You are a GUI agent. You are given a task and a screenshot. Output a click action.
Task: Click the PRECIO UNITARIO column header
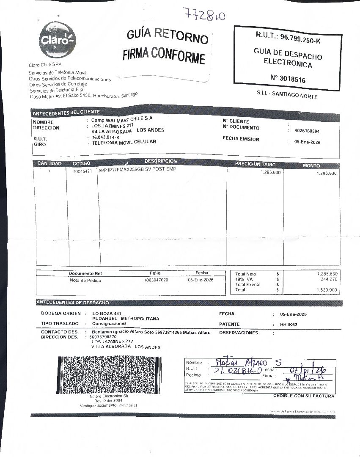point(256,164)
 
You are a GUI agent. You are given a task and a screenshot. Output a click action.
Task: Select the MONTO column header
point(311,165)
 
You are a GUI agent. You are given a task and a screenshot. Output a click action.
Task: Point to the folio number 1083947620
point(156,280)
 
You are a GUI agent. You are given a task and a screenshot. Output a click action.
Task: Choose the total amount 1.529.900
point(327,290)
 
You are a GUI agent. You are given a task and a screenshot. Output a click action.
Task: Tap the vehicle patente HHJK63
point(289,325)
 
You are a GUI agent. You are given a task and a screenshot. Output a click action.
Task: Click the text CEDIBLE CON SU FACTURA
point(304,396)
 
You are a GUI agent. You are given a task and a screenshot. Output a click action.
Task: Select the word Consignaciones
point(109,323)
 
